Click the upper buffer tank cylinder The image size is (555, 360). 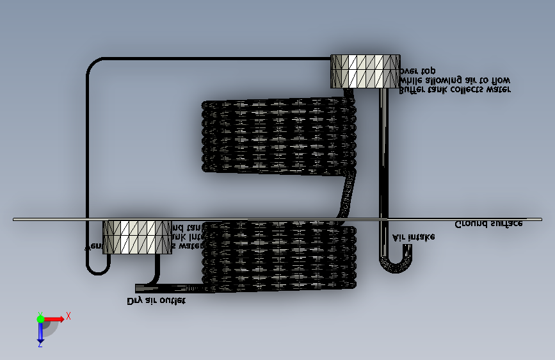pyautogui.click(x=365, y=71)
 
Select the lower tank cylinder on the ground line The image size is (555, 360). pyautogui.click(x=138, y=236)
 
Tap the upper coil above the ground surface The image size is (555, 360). pyautogui.click(x=278, y=135)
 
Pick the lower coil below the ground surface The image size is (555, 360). pyautogui.click(x=278, y=256)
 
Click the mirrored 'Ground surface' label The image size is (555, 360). pyautogui.click(x=488, y=224)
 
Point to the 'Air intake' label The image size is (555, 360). pyautogui.click(x=414, y=236)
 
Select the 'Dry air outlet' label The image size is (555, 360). pyautogui.click(x=156, y=300)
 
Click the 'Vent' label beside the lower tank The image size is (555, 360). pyautogui.click(x=93, y=245)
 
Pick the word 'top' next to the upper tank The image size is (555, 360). pyautogui.click(x=427, y=70)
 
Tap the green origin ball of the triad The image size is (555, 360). pyautogui.click(x=40, y=318)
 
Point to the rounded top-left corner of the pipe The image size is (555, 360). pyautogui.click(x=93, y=65)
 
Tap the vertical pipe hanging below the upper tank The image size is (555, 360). pyautogui.click(x=384, y=160)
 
